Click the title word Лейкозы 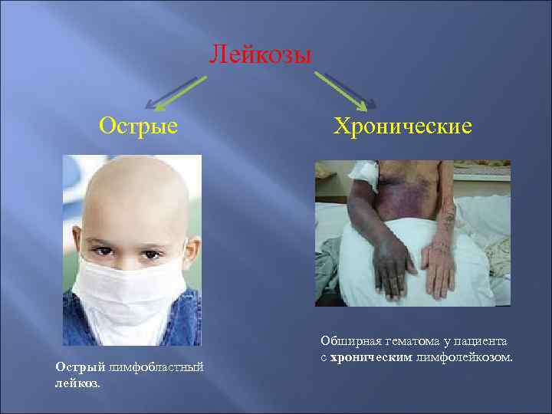[261, 56]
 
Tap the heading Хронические [402, 124]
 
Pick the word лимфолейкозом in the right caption [463, 356]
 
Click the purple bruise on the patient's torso [406, 188]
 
